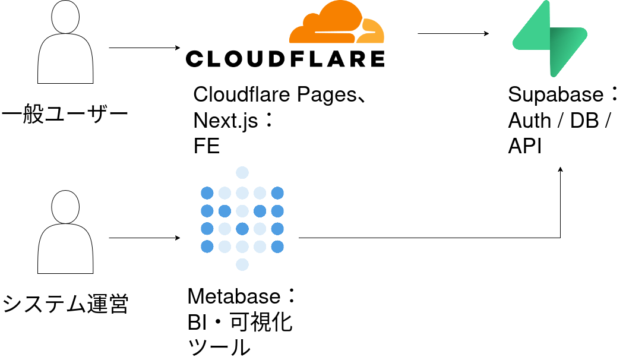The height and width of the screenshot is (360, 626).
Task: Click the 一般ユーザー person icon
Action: [65, 42]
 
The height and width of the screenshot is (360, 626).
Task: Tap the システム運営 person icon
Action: [65, 232]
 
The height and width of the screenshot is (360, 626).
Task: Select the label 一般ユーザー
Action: [65, 113]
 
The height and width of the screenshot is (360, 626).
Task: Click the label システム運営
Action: [65, 304]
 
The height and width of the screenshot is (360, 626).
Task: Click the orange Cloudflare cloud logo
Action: [337, 22]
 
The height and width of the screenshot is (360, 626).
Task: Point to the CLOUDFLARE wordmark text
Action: [285, 59]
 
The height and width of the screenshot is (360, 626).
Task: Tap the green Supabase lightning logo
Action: [550, 38]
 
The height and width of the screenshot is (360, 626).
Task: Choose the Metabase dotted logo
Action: [242, 219]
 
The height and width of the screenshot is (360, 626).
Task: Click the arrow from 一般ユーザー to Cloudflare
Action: [144, 48]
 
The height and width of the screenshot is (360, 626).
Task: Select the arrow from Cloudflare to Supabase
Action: [453, 33]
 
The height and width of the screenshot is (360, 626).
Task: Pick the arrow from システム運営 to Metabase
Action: [144, 238]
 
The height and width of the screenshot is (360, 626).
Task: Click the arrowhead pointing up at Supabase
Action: [561, 170]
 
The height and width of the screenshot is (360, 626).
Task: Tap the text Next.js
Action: [226, 121]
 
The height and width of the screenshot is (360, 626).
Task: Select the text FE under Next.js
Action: [207, 146]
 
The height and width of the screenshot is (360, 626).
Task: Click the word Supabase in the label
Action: [556, 95]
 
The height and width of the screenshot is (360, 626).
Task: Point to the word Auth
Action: [529, 121]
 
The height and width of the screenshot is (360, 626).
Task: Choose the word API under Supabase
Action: [524, 146]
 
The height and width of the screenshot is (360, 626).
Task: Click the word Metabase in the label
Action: [234, 296]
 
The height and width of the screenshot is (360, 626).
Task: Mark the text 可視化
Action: [261, 322]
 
